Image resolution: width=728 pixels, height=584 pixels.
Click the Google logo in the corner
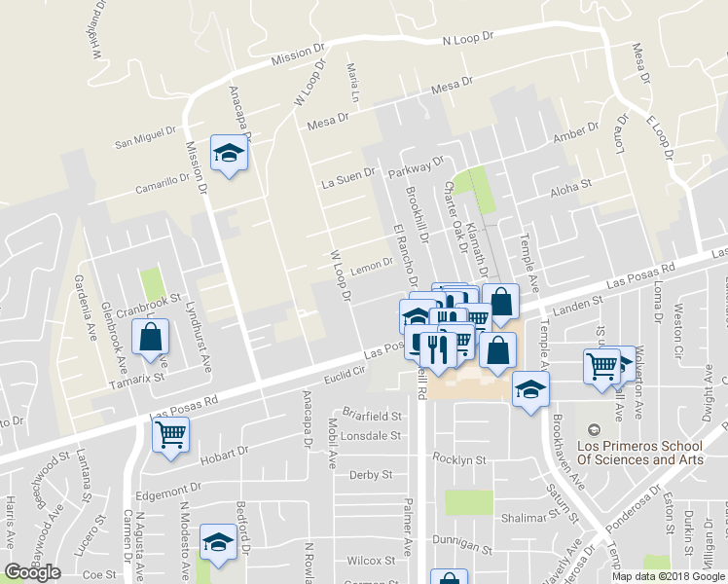(33, 572)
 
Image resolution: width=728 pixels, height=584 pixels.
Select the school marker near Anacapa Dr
(230, 155)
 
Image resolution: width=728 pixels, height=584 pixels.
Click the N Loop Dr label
(469, 40)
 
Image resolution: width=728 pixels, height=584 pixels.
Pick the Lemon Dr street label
(373, 266)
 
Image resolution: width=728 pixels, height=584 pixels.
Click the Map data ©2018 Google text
(668, 575)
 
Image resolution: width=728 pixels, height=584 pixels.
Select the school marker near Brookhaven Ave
(530, 389)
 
